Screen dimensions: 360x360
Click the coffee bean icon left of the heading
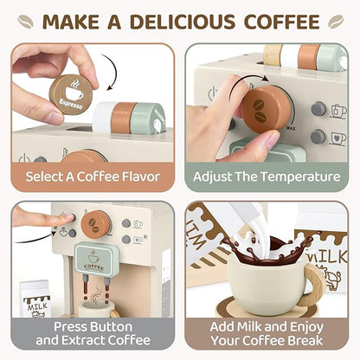(25, 19)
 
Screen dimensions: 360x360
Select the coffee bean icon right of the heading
(336, 19)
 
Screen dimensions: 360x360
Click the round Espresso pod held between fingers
(71, 92)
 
